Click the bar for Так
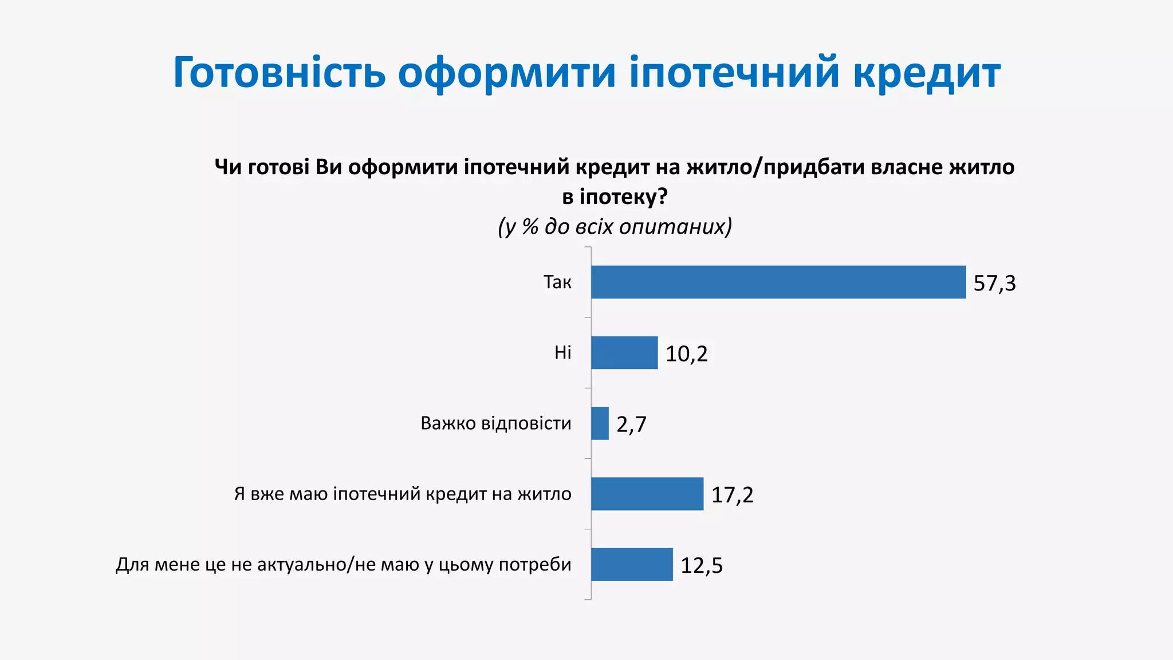778,282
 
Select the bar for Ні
624,352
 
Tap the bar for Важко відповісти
600,423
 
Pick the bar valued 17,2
647,494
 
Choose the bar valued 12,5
632,564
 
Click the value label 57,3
994,283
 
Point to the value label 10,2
686,354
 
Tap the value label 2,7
631,425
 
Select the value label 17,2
732,495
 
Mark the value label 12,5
702,565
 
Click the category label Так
557,282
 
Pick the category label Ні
562,352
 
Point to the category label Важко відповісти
496,423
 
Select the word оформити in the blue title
507,73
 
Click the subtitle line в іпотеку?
615,197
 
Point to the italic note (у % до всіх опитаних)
615,227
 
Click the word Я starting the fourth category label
239,494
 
